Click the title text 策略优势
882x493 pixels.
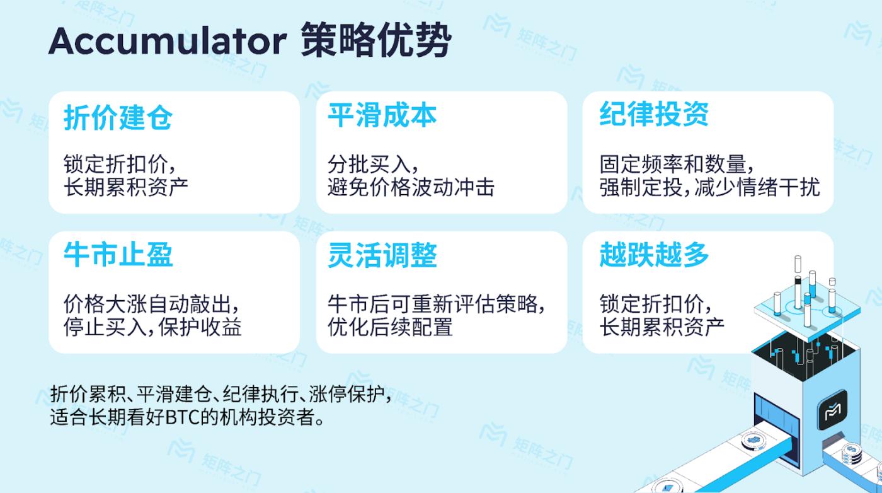click(375, 40)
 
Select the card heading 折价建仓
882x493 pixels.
click(118, 117)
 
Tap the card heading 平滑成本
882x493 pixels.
click(382, 115)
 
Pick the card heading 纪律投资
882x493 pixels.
click(654, 114)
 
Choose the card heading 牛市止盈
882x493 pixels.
click(118, 255)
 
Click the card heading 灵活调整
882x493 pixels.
click(382, 255)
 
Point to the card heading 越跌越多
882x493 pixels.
click(654, 255)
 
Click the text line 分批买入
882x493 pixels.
click(372, 164)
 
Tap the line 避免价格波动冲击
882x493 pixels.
click(411, 187)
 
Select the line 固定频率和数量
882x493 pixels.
click(677, 164)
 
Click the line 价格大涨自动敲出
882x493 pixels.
click(151, 304)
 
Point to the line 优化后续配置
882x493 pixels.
click(390, 327)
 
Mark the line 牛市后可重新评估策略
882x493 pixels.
click(436, 304)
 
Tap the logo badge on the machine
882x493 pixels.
click(832, 410)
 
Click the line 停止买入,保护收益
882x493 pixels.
click(152, 327)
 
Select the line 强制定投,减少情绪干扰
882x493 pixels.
click(709, 187)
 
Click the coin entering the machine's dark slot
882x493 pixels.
click(753, 440)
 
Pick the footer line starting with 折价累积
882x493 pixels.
click(220, 393)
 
